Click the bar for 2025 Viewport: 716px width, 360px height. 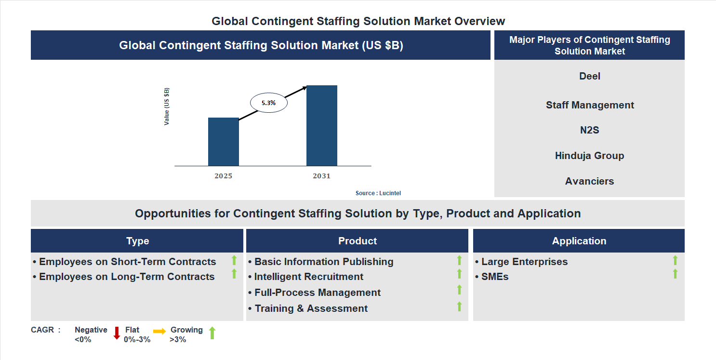[223, 142]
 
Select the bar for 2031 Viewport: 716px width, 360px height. [321, 126]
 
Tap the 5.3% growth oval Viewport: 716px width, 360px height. [268, 103]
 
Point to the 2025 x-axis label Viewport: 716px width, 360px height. [223, 176]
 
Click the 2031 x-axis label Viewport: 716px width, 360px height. [321, 176]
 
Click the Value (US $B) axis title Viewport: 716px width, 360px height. [167, 107]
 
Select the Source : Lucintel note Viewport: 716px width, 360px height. [378, 193]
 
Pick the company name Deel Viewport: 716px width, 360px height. [589, 76]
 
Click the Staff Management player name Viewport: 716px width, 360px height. [589, 105]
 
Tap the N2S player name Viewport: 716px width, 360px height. [589, 130]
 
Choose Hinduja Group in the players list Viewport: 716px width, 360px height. [589, 156]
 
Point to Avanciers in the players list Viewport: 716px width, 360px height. [589, 181]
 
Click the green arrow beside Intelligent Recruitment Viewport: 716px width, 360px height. [459, 274]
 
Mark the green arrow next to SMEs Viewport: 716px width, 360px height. [675, 274]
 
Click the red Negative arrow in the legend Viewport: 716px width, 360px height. [117, 333]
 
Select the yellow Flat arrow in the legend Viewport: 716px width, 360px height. [159, 331]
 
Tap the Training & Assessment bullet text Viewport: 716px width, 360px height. [311, 308]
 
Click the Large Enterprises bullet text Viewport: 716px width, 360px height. [524, 262]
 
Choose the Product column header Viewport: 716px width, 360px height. [357, 241]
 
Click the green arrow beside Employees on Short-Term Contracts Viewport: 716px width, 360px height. [234, 260]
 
